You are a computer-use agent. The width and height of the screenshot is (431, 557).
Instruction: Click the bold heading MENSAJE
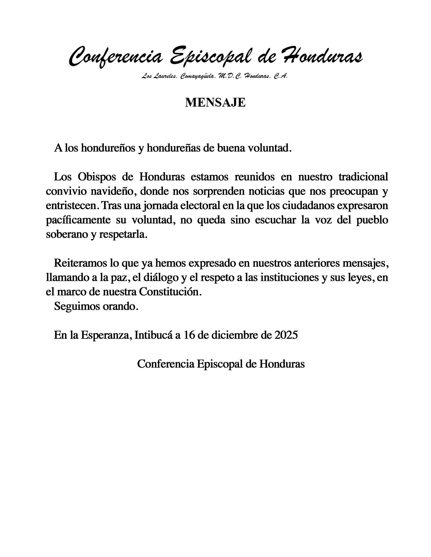tap(215, 103)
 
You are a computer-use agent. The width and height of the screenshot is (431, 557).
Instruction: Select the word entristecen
tap(72, 206)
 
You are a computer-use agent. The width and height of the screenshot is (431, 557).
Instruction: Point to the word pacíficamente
tap(78, 220)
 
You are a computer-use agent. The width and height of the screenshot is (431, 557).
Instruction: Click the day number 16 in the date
tap(189, 335)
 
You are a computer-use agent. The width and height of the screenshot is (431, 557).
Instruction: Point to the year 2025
tap(286, 335)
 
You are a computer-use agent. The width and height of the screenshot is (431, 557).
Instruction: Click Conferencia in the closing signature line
tap(165, 364)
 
